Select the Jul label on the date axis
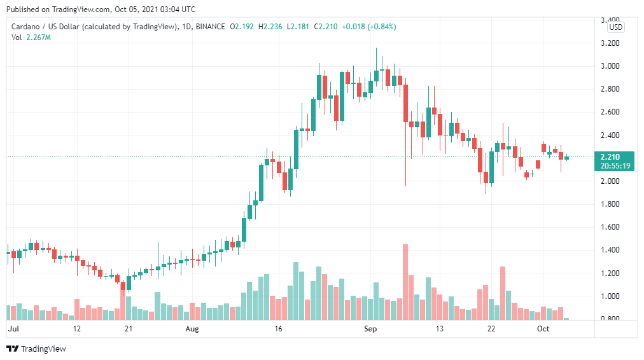(x=13, y=329)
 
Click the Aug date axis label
(x=193, y=329)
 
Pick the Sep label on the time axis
(x=370, y=329)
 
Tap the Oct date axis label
(x=543, y=329)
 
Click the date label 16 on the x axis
(x=278, y=329)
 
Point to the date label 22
(x=491, y=329)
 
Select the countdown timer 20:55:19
(x=613, y=166)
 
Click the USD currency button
(x=615, y=27)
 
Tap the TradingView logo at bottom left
(x=36, y=349)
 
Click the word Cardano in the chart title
(x=27, y=27)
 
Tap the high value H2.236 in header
(x=270, y=27)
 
